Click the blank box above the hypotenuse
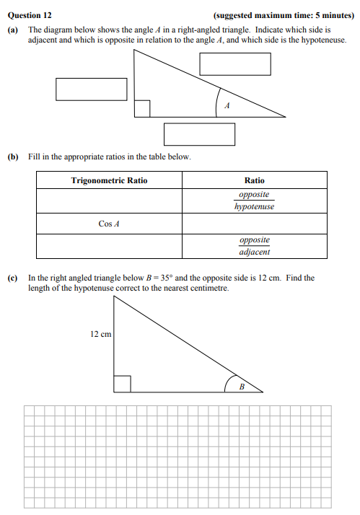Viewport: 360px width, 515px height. (235, 64)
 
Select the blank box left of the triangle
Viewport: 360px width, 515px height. (92, 89)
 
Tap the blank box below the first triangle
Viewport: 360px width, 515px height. (199, 134)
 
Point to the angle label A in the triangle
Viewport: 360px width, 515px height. (227, 107)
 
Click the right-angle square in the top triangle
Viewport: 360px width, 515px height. (142, 108)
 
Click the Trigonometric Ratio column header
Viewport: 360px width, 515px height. (109, 180)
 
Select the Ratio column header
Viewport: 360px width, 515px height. (254, 180)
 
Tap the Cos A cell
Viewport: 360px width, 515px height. (109, 224)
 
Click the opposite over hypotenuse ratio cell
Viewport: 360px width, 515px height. (254, 201)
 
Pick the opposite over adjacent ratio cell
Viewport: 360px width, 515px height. (254, 246)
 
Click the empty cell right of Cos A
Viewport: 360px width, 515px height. (254, 224)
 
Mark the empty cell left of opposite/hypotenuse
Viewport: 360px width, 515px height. (109, 201)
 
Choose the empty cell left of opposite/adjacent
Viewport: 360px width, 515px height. (109, 246)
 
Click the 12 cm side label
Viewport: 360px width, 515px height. (100, 335)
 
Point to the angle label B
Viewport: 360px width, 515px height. (242, 387)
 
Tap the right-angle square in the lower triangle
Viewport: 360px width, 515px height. (121, 384)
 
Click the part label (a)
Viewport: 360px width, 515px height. (12, 30)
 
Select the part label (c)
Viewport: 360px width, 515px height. (12, 278)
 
